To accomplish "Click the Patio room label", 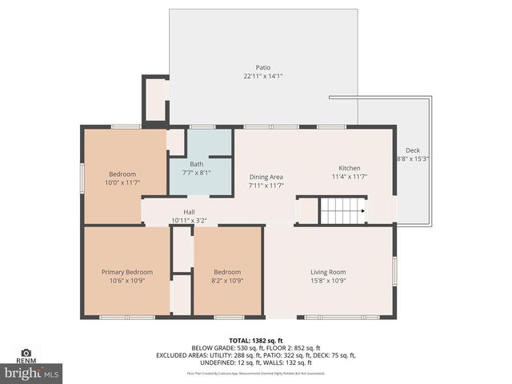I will tap(263, 68).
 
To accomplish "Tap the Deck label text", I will tap(412, 150).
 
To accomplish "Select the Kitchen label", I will tap(350, 168).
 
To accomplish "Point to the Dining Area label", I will tap(266, 177).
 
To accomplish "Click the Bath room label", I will tap(196, 164).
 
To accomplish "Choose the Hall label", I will tap(189, 212).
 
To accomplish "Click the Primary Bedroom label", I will tap(126, 272).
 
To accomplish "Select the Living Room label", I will tap(328, 272).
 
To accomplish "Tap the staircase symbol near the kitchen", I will tap(342, 212).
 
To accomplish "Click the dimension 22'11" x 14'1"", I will tap(263, 77).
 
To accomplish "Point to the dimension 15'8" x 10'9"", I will tap(328, 281).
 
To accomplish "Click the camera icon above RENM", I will tap(26, 352).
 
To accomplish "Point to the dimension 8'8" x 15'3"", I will tap(413, 159).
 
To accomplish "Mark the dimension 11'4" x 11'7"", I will tap(350, 177).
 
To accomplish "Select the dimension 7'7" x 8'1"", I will tap(196, 173).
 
